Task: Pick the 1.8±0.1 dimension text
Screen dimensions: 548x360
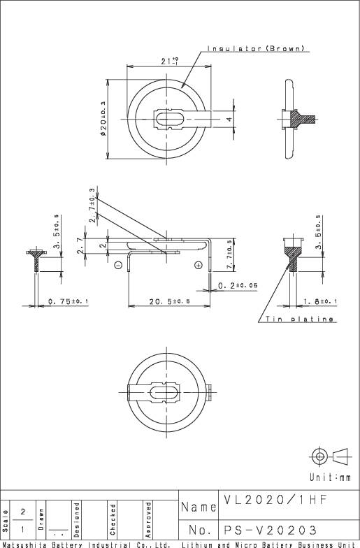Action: click(x=321, y=301)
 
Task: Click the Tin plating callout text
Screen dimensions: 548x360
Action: click(x=298, y=319)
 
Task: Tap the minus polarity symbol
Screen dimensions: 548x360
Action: click(x=118, y=265)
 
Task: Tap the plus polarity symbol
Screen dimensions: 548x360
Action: click(x=199, y=265)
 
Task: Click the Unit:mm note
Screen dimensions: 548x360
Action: click(x=330, y=477)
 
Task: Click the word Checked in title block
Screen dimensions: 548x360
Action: click(x=112, y=518)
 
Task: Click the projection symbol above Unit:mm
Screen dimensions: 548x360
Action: click(x=329, y=456)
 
